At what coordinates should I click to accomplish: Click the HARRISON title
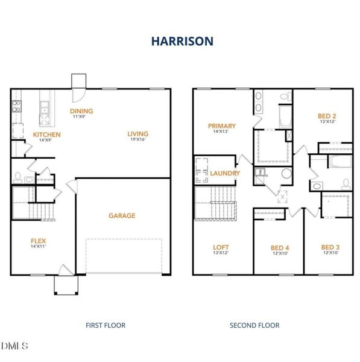[182, 41]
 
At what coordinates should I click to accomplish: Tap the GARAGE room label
[122, 215]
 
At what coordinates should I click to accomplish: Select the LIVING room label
[137, 134]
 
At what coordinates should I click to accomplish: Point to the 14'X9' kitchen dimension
[45, 140]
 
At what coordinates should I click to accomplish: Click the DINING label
[81, 111]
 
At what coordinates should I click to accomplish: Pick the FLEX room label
[39, 241]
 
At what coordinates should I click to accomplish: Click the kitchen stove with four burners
[16, 106]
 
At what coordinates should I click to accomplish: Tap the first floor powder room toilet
[17, 178]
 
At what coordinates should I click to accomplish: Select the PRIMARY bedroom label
[222, 126]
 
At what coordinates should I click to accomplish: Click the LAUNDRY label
[225, 173]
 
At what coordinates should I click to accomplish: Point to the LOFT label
[221, 247]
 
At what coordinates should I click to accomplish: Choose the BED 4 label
[280, 248]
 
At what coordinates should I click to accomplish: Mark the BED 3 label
[330, 247]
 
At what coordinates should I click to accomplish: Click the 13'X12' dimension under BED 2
[327, 122]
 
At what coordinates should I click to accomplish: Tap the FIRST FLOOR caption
[106, 325]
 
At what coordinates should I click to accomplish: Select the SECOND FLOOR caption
[254, 325]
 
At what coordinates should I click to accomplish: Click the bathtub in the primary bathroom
[285, 116]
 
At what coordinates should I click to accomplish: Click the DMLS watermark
[14, 346]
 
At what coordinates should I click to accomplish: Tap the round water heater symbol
[286, 173]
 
